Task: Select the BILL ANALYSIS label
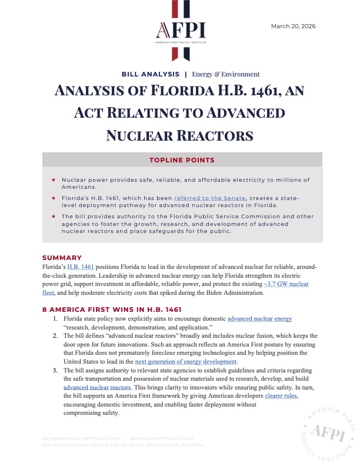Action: [x=150, y=75]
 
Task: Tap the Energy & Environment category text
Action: [x=225, y=75]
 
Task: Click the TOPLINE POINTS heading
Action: [x=182, y=160]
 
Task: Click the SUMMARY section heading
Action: [x=62, y=258]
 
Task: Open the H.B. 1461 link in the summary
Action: [x=79, y=267]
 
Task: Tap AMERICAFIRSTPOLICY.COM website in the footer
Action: [x=161, y=438]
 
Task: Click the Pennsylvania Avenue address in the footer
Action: [x=123, y=445]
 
